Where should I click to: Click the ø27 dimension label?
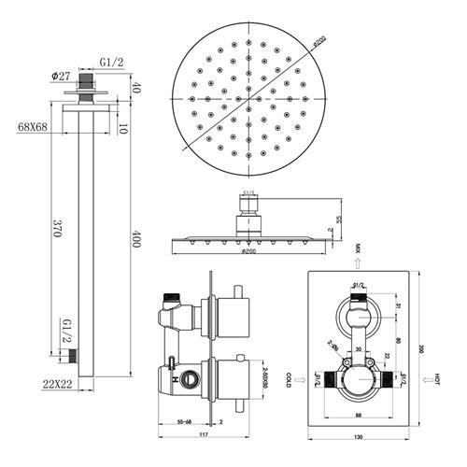(x=63, y=77)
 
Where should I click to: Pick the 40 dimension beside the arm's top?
(x=135, y=88)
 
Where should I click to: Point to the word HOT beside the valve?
(x=437, y=379)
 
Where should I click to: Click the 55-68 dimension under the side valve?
(x=183, y=422)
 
